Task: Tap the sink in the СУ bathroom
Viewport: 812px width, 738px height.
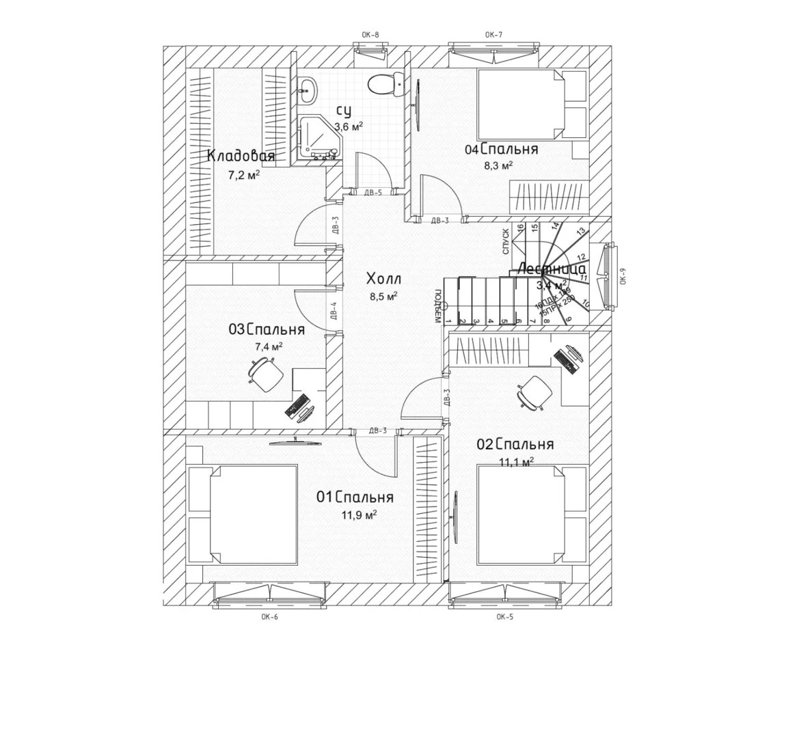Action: point(308,88)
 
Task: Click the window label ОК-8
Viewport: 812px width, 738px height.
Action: point(370,34)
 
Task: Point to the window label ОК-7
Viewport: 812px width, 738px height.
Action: point(493,34)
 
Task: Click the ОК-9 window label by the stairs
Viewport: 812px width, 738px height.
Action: point(623,279)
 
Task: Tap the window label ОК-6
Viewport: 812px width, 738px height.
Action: point(269,616)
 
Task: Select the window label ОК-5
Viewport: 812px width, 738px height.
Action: point(505,616)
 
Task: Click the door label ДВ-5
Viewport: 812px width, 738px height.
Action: point(373,193)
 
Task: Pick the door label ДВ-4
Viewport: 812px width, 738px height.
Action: point(334,311)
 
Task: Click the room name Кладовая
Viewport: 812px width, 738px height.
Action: point(241,156)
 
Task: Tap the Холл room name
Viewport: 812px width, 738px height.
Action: point(383,279)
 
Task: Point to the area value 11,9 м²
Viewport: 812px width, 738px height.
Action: point(360,515)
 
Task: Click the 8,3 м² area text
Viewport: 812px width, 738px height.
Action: point(498,165)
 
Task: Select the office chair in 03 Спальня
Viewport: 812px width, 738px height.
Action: point(266,374)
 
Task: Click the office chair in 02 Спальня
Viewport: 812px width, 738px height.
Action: point(533,392)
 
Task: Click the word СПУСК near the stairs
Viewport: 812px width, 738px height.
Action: point(506,241)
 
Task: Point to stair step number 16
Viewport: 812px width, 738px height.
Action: point(521,228)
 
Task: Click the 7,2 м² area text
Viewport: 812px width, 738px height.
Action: point(244,176)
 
